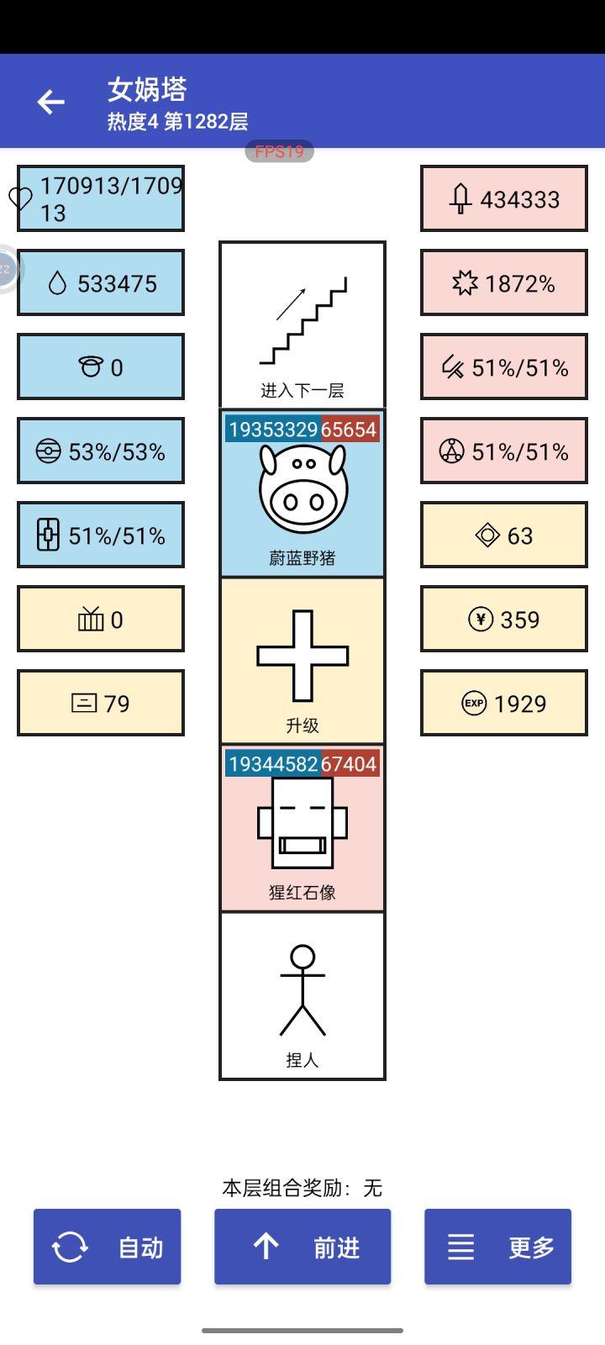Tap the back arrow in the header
51,102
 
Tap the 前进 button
302,1247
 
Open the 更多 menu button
497,1247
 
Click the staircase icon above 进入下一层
303,320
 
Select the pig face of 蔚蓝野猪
303,488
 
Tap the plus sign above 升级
302,656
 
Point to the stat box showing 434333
504,198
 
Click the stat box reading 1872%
504,282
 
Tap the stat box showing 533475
101,282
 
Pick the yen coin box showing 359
504,619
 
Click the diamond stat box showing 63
504,535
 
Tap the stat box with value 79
101,703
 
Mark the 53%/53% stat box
101,451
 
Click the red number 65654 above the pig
349,430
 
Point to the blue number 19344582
273,764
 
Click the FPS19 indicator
279,151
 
